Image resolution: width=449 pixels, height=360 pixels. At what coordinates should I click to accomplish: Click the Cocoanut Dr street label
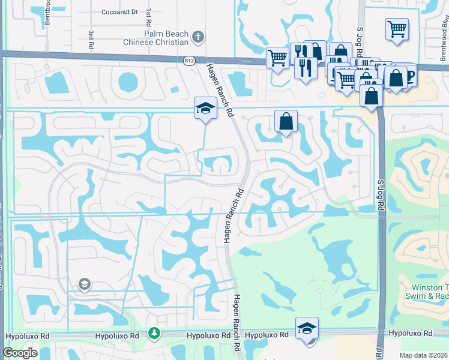click(x=119, y=11)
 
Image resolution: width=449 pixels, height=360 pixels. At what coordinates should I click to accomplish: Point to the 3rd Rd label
click(x=91, y=40)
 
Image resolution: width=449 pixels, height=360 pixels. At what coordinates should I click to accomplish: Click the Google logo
click(x=21, y=353)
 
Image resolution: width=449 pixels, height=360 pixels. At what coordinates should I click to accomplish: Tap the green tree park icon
click(x=155, y=332)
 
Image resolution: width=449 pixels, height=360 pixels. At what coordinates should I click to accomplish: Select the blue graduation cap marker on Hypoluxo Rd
click(x=307, y=328)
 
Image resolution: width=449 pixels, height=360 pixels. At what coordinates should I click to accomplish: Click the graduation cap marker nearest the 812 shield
click(x=205, y=108)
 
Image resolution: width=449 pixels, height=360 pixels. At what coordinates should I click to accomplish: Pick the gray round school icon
click(x=84, y=284)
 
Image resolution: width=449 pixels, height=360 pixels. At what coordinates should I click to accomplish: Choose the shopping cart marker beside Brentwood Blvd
click(x=397, y=28)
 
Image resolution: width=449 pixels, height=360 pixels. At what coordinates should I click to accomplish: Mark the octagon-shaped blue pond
click(x=128, y=82)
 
